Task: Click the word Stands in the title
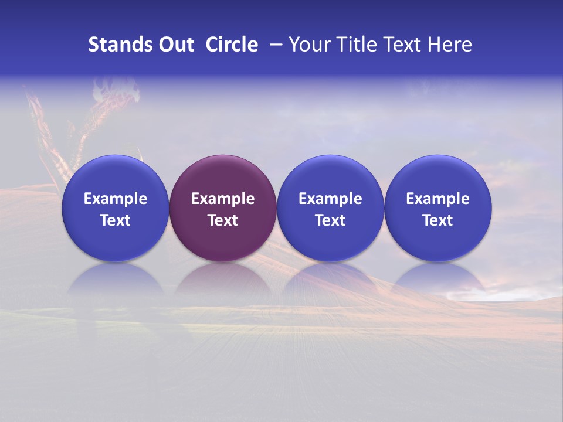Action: click(x=119, y=45)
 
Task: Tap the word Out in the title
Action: click(x=175, y=45)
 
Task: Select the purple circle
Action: click(x=223, y=176)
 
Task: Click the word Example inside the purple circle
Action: click(x=223, y=199)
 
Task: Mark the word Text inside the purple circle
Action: click(x=223, y=220)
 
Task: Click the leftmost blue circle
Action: click(x=116, y=176)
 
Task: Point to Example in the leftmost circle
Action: click(x=116, y=199)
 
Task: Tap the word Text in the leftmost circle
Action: click(x=116, y=220)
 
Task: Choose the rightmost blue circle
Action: click(x=438, y=176)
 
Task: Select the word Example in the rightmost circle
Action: click(x=438, y=199)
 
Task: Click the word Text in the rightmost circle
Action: click(x=438, y=220)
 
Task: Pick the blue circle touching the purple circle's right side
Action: click(x=330, y=176)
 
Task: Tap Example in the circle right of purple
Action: click(x=330, y=199)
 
